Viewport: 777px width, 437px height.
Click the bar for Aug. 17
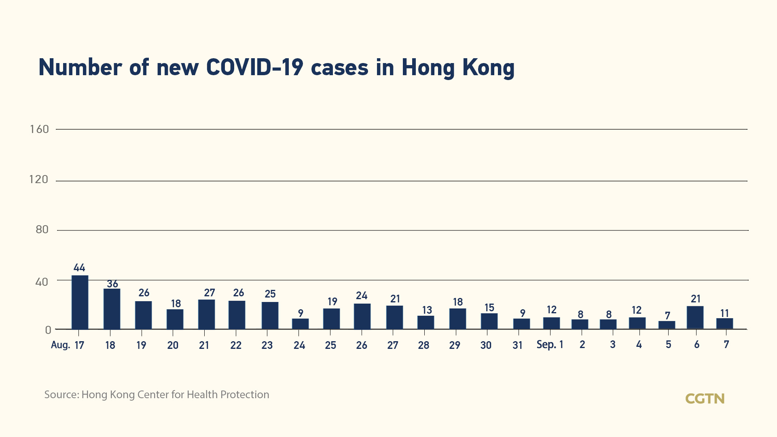click(x=80, y=302)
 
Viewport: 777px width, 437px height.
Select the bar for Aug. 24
click(x=300, y=324)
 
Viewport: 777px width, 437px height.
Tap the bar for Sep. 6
click(x=695, y=318)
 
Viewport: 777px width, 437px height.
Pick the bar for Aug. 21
click(x=206, y=315)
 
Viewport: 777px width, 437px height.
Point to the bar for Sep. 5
click(x=667, y=325)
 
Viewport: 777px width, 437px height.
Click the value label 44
click(x=79, y=268)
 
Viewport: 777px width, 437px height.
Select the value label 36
click(x=112, y=284)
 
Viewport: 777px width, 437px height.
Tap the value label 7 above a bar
click(x=667, y=315)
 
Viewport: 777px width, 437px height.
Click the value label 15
click(x=489, y=308)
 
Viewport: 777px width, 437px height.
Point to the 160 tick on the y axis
click(x=39, y=129)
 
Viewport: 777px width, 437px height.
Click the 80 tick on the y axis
click(x=42, y=230)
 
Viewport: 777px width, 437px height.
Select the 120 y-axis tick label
click(x=39, y=179)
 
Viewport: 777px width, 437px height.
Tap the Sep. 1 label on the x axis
click(x=550, y=345)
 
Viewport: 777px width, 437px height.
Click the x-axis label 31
click(x=517, y=345)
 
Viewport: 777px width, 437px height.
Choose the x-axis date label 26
click(x=361, y=345)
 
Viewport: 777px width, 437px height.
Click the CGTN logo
click(x=705, y=399)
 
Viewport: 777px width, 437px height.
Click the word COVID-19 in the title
click(x=254, y=67)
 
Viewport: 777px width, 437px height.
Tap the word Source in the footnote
click(x=61, y=395)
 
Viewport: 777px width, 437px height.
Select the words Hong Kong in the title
click(x=458, y=67)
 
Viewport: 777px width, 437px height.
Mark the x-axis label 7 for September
click(x=726, y=345)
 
